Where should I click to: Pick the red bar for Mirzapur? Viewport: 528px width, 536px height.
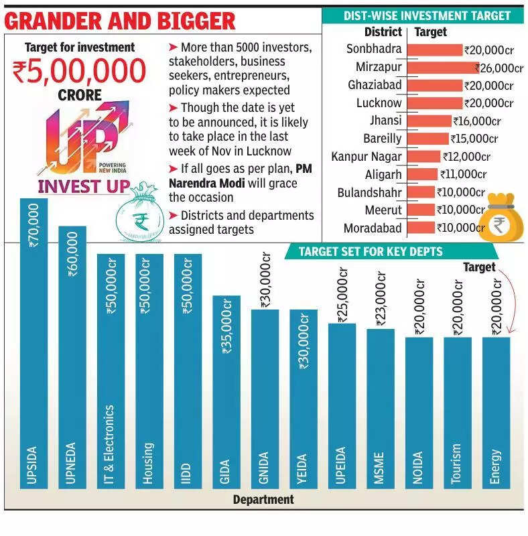pos(442,68)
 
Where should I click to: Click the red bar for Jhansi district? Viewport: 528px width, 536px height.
pos(429,121)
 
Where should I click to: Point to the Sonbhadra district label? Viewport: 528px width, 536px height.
pos(374,49)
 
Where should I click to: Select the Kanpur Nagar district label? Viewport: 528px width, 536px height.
pos(367,156)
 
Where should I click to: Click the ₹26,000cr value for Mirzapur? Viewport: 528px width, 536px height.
pos(499,68)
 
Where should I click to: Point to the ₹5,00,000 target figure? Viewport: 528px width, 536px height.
pos(79,72)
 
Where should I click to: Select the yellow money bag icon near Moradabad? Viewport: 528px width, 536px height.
pos(504,216)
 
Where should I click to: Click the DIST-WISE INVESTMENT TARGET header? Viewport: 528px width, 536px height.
pos(426,15)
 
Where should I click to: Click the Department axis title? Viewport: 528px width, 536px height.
pos(263,499)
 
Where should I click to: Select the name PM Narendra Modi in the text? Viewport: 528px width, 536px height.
pos(231,176)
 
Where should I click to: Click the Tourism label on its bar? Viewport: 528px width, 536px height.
pos(457,462)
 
